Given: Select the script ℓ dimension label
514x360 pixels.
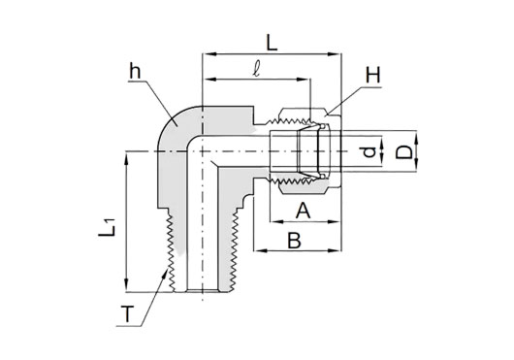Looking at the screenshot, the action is pyautogui.click(x=257, y=70).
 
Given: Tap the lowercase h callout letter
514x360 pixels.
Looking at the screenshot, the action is pyautogui.click(x=135, y=72).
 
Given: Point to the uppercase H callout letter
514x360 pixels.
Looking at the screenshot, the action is pyautogui.click(x=373, y=75).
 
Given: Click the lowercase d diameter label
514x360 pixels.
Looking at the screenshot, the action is pyautogui.click(x=370, y=152).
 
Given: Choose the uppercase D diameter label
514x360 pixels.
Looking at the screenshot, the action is pyautogui.click(x=403, y=152).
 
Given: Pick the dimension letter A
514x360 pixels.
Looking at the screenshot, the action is pyautogui.click(x=304, y=211).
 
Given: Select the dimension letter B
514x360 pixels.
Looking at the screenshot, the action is pyautogui.click(x=294, y=241).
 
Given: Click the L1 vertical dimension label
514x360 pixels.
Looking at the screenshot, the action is pyautogui.click(x=108, y=228).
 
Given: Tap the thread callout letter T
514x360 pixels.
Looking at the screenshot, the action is pyautogui.click(x=127, y=313).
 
